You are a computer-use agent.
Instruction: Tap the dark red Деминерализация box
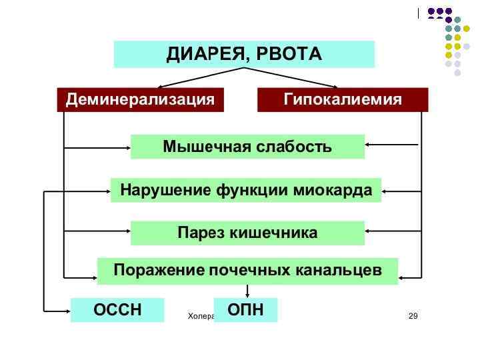(x=140, y=100)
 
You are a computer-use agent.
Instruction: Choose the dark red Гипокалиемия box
(x=343, y=100)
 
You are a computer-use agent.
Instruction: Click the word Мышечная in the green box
(x=204, y=147)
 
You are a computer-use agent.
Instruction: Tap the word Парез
(x=201, y=233)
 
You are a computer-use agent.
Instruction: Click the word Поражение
(x=157, y=271)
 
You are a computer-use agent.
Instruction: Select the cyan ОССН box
(x=117, y=310)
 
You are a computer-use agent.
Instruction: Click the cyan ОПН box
(x=245, y=310)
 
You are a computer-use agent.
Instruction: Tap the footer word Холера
(x=199, y=315)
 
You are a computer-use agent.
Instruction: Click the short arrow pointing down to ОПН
(x=248, y=291)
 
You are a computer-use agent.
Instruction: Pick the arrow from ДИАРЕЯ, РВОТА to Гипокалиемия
(x=293, y=78)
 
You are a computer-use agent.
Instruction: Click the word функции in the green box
(x=250, y=191)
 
